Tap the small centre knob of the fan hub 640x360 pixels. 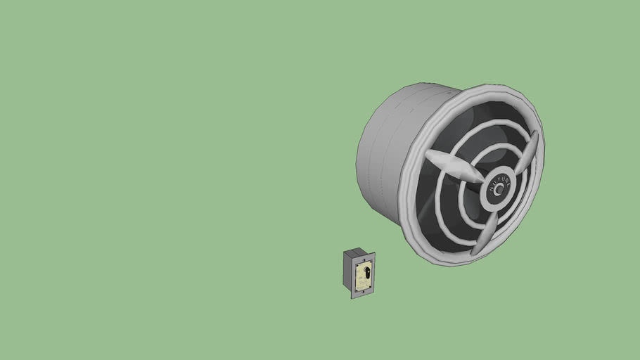[499, 189]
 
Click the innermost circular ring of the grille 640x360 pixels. [470, 211]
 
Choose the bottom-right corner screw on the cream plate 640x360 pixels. [369, 286]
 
